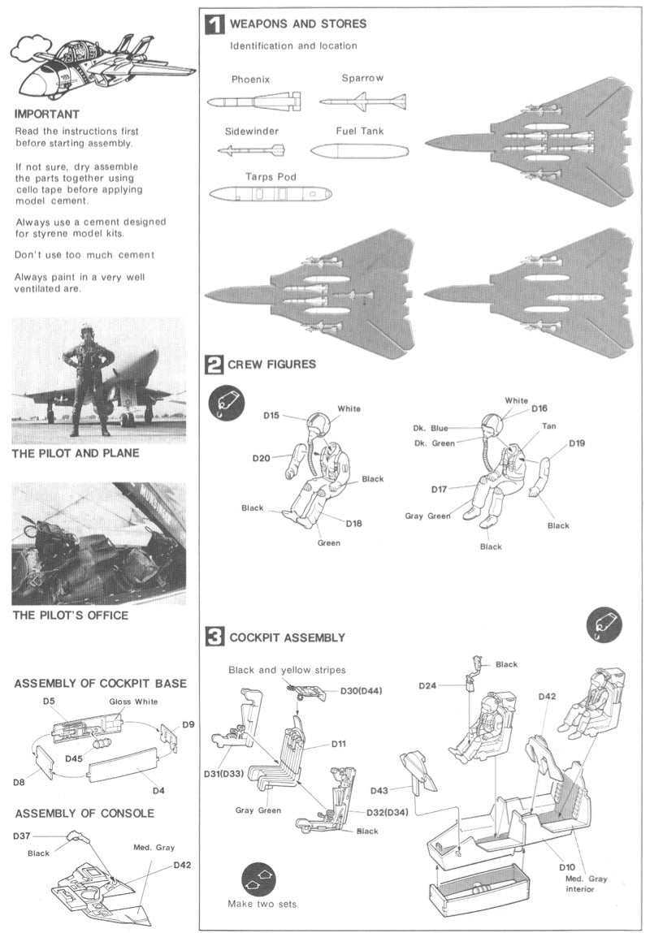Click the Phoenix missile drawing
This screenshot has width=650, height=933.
(253, 102)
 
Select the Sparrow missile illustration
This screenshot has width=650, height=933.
(362, 102)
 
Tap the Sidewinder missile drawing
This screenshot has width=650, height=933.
(251, 151)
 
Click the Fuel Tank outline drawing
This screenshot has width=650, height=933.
(359, 151)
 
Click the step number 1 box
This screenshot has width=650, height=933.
(214, 25)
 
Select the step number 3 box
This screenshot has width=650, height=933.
(214, 637)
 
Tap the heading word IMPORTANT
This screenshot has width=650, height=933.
(45, 114)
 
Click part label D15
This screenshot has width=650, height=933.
(271, 416)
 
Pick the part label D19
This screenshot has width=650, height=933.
(577, 443)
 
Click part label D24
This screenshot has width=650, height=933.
(428, 686)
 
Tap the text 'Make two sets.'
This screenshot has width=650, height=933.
(262, 904)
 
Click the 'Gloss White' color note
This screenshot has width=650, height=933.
(133, 701)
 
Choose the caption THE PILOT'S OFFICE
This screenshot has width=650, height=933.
(70, 616)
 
